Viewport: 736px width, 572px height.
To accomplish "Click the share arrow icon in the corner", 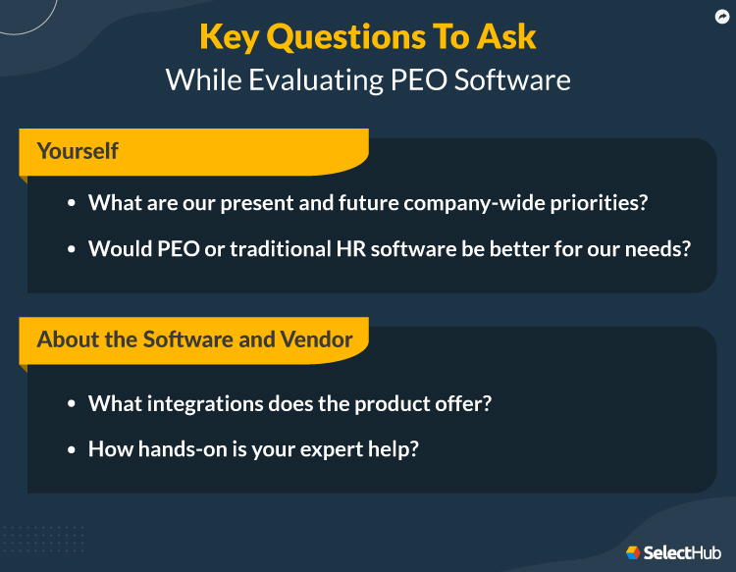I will (722, 17).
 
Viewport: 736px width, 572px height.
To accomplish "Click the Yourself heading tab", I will (78, 151).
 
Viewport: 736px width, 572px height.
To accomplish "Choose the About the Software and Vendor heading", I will (194, 339).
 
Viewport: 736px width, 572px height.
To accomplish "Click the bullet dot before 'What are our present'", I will (72, 203).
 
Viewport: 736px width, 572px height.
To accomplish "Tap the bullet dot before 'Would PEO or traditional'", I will (72, 249).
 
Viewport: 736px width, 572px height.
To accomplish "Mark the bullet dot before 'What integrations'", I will (72, 403).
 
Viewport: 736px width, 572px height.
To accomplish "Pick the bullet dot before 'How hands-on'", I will (72, 449).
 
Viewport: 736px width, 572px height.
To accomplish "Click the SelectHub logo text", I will (682, 552).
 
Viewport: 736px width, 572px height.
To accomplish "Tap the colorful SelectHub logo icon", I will (633, 552).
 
